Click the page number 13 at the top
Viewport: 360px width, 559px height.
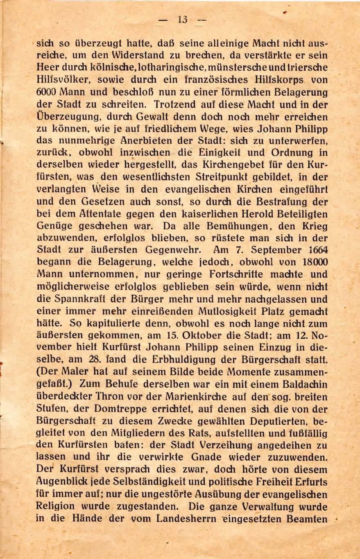pyautogui.click(x=183, y=19)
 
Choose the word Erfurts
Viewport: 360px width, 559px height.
pyautogui.click(x=309, y=482)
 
